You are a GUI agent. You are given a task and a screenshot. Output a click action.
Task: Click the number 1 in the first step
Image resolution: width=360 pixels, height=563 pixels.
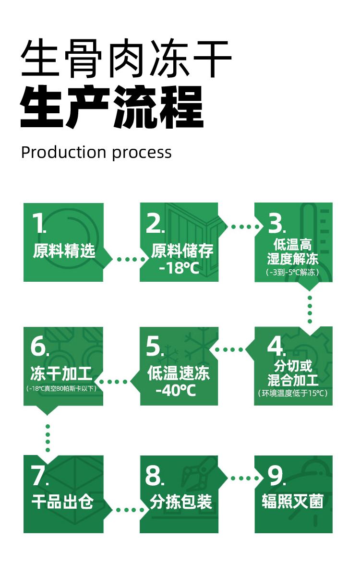coord(38,223)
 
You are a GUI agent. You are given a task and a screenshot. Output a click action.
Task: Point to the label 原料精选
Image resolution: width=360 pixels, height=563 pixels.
coord(64,251)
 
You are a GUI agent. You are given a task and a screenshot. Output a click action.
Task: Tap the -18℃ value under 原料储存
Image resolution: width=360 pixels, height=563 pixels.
coord(179,268)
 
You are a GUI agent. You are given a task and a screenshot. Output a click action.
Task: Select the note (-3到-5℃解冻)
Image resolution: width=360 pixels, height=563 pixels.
coord(292,272)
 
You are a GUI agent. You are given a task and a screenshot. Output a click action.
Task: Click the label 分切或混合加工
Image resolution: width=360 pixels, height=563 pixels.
coord(293,373)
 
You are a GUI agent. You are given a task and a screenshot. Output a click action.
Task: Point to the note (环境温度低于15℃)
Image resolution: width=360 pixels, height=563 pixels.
coord(293,394)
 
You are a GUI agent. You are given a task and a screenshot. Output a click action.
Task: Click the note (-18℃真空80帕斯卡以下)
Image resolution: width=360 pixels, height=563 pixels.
coord(62,388)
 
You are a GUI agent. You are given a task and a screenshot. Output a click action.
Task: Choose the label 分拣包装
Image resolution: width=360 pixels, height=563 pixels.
coord(181,502)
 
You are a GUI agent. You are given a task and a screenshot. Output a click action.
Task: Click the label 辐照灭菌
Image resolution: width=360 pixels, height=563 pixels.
coord(293,501)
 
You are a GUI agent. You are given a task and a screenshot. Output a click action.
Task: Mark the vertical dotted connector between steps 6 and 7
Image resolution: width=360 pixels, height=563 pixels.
coord(48,438)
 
